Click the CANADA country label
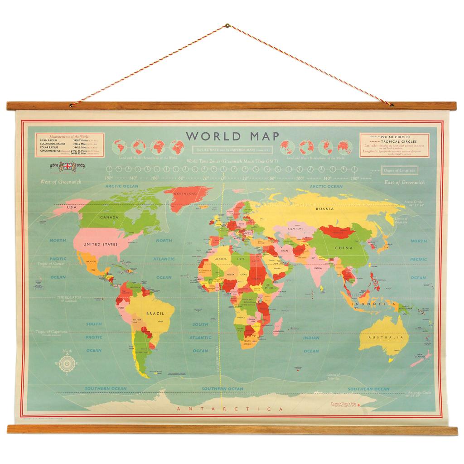click(x=109, y=217)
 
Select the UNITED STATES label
click(x=101, y=245)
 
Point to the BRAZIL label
click(x=154, y=313)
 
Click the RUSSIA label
click(x=325, y=209)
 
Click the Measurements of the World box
click(x=66, y=145)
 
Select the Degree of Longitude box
click(x=399, y=170)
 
